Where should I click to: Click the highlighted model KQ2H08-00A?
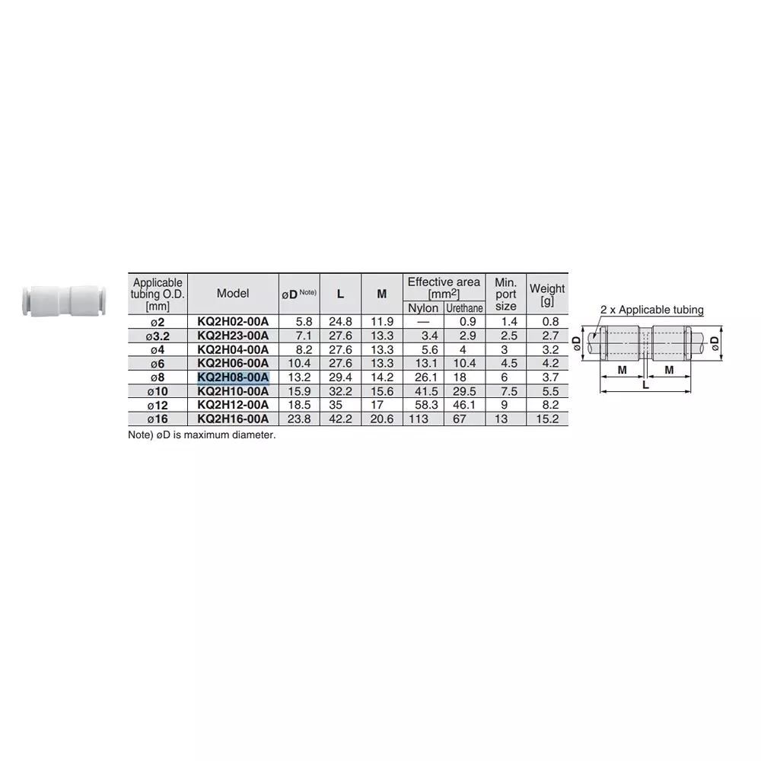click(233, 377)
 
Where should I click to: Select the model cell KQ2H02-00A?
click(233, 322)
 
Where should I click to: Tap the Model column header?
click(233, 294)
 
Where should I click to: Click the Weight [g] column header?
click(547, 294)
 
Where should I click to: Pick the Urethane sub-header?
click(464, 308)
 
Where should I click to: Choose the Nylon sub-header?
click(423, 308)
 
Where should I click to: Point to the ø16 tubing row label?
click(158, 419)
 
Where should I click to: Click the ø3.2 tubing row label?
click(158, 336)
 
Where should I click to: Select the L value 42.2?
click(340, 419)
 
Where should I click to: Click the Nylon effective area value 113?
click(419, 419)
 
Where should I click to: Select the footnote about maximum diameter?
click(202, 435)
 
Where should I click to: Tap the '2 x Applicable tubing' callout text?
click(652, 310)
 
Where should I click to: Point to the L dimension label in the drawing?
click(646, 386)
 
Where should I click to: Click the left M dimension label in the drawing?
click(622, 369)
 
